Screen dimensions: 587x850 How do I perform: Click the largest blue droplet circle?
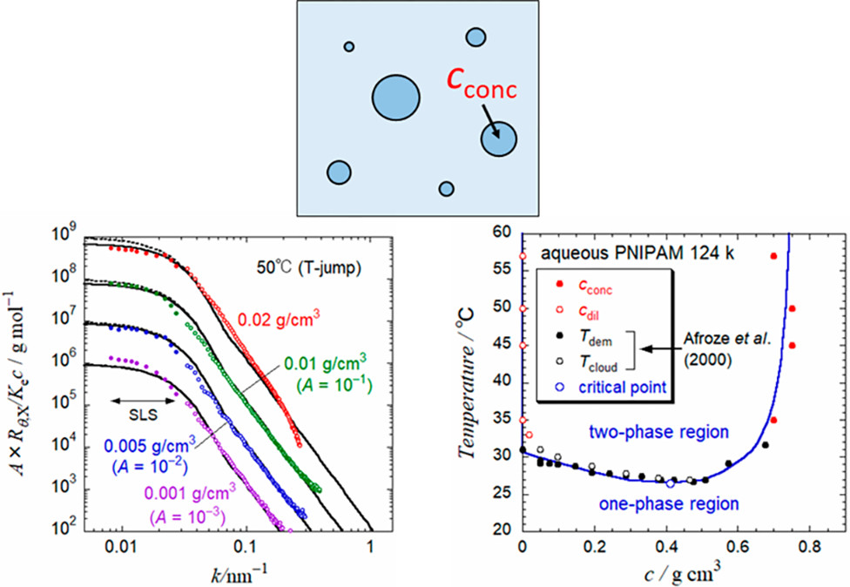396,96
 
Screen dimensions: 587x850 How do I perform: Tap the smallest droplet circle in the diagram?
349,46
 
